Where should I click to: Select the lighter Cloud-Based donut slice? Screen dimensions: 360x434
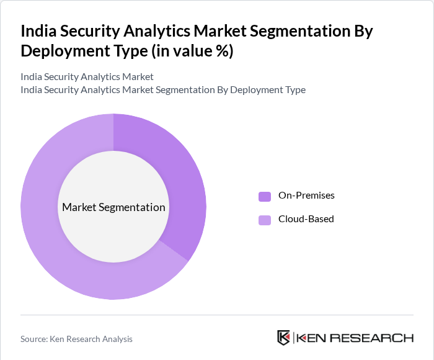pos(62,261)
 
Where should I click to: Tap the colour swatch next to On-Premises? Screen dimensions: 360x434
pos(265,196)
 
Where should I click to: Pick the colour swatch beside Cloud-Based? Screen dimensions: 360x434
pos(265,220)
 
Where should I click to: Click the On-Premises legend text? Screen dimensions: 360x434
pos(306,196)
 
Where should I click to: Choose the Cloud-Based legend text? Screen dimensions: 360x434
pos(306,219)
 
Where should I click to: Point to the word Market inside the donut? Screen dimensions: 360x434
pos(80,207)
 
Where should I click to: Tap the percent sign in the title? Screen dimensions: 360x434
pos(221,51)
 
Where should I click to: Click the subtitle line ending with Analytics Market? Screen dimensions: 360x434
pos(87,77)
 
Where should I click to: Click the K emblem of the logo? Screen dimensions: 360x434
pos(283,338)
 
